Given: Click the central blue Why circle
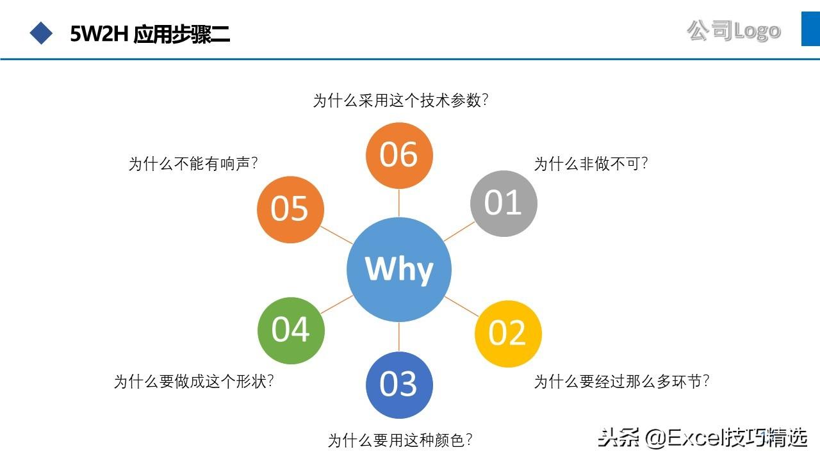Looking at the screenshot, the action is point(398,269).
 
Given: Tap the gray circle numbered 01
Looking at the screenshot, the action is point(504,203).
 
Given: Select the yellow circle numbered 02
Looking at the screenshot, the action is point(508,333).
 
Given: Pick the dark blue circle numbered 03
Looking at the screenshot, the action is point(399,384).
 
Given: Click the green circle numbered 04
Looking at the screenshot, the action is point(291,330).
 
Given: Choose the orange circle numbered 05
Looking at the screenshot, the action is point(290,209).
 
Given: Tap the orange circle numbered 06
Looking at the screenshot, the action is point(399,155).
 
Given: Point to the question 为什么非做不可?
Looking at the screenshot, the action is point(591,164).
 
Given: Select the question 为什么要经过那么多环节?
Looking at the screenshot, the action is point(621,382).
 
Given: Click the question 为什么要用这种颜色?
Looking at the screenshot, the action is point(400,441).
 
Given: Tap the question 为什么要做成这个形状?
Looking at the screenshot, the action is point(194,382).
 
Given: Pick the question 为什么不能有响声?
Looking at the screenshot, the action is point(193,165).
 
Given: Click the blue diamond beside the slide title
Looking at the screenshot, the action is point(42,33).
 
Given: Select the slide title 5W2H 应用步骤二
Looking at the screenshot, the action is point(150,33).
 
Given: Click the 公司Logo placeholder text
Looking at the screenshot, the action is point(734,30).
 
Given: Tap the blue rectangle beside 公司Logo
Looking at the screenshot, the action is point(810,28).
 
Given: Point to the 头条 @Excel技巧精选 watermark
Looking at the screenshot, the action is point(702,438).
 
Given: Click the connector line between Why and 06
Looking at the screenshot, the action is point(399,203).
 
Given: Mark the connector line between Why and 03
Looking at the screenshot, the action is point(399,336).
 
